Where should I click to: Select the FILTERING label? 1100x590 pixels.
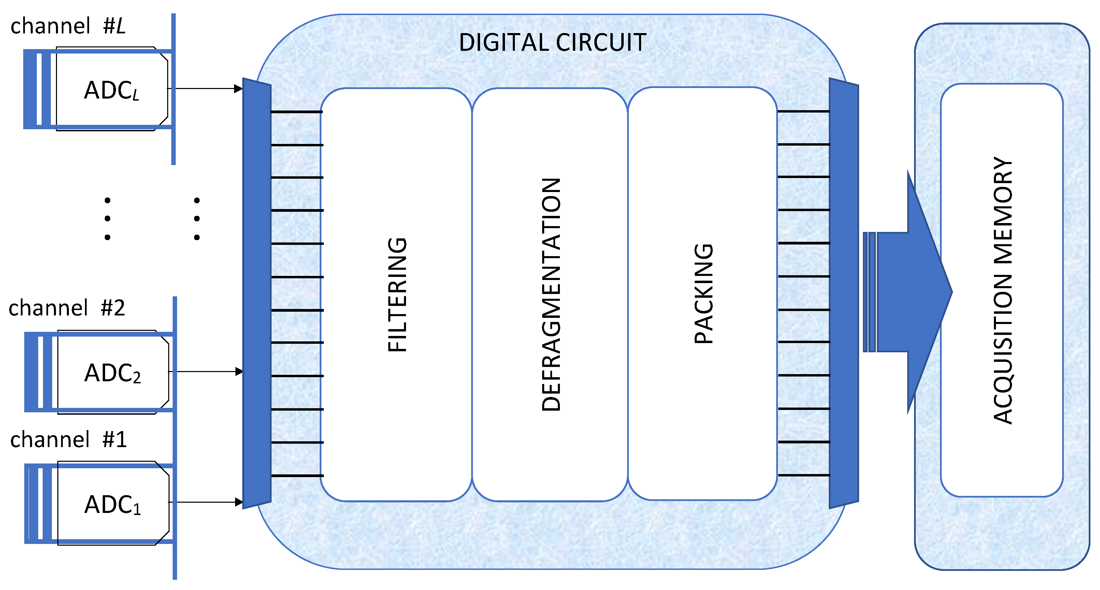coord(397,295)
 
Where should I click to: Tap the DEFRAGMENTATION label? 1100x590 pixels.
coord(551,295)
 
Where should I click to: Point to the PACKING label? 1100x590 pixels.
coord(703,294)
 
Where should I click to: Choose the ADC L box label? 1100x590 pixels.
coord(112,90)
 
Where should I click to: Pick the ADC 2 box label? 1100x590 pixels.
coord(112,373)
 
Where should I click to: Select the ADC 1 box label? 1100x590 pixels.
coord(112,505)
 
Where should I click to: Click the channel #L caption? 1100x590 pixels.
coord(68,26)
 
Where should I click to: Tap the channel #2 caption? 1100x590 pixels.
coord(67,308)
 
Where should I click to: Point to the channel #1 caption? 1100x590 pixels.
coord(68,439)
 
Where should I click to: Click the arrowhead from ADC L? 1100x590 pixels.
coord(238,89)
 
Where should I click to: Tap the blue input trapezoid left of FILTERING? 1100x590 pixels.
coord(257,293)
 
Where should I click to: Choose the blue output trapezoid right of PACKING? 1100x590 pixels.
coord(843,293)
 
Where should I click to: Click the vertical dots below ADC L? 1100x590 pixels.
coord(107,219)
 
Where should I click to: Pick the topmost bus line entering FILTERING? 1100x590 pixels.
coord(297,112)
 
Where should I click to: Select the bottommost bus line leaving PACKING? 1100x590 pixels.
coord(803,475)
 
